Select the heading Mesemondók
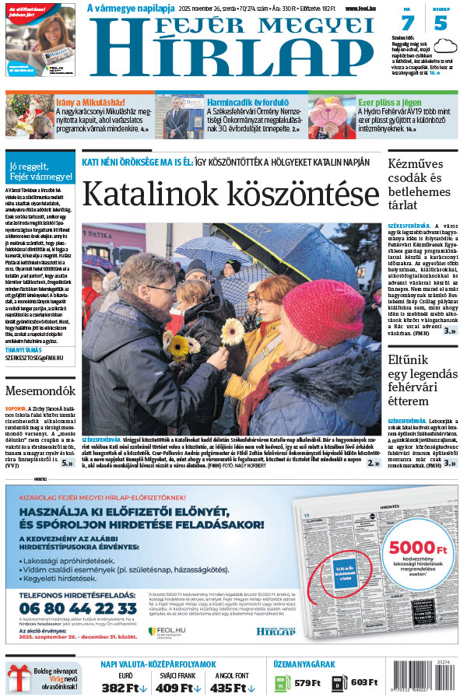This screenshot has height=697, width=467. click(x=40, y=391)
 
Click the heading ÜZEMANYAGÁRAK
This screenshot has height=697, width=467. click(x=304, y=664)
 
